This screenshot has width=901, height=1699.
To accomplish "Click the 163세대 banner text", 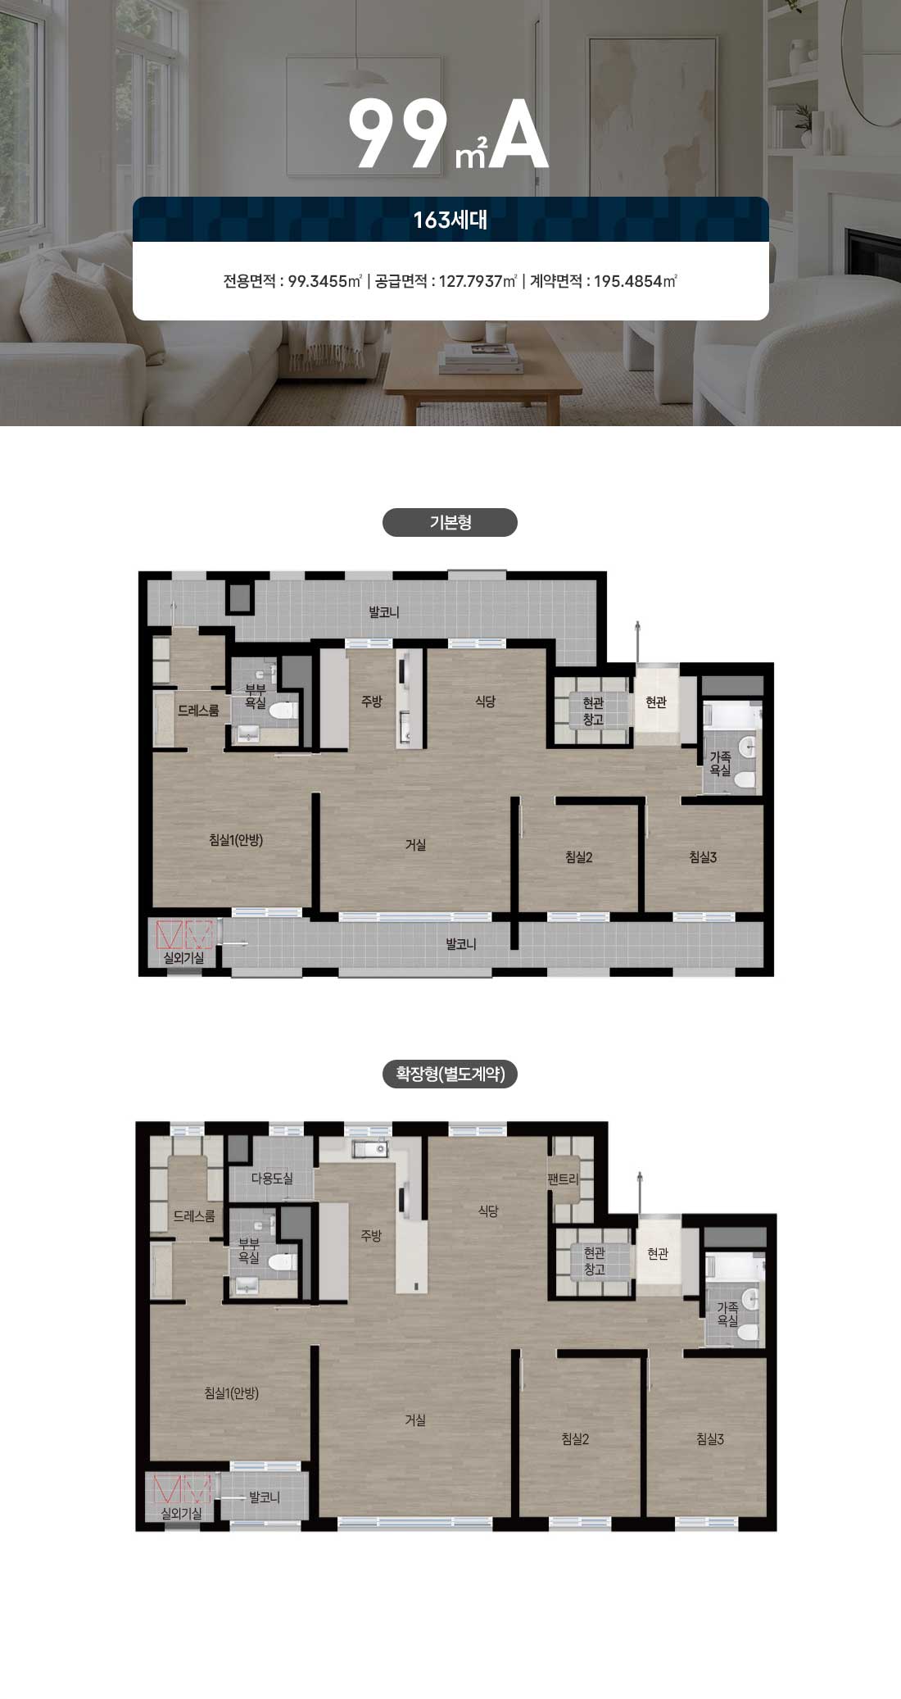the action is click(x=450, y=220).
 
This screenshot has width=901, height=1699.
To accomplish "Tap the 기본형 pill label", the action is click(x=450, y=522).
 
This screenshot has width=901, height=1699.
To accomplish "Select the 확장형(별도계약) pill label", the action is click(x=450, y=1073).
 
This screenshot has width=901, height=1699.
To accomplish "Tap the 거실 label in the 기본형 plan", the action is click(x=415, y=844).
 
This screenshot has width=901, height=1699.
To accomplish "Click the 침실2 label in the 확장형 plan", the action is click(x=575, y=1438).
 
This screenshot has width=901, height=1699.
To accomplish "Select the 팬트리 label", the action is click(x=564, y=1180).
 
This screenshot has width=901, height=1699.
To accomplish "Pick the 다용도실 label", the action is click(x=271, y=1179).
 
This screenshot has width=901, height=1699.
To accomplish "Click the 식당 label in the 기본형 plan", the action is click(x=485, y=702).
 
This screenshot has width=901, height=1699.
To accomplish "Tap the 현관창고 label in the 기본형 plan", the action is click(x=593, y=711).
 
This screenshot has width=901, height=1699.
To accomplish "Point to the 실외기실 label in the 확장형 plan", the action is click(x=182, y=1514).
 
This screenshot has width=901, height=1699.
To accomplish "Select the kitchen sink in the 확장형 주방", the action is click(x=370, y=1149).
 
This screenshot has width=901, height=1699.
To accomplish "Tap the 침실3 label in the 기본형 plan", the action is click(x=703, y=857).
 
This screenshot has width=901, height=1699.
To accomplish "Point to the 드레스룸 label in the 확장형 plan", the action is click(x=194, y=1216).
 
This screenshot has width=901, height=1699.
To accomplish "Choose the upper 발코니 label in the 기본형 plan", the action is click(x=384, y=612).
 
